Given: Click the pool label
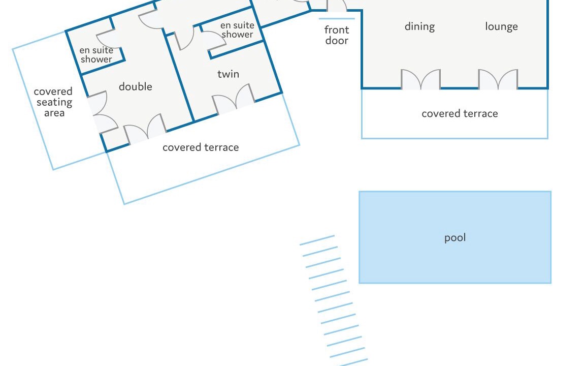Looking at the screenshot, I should (x=454, y=238).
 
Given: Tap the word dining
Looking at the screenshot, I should (x=419, y=26).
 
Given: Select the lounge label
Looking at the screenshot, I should (x=501, y=26).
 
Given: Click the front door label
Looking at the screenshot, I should (x=337, y=35).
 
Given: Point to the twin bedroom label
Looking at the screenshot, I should (x=228, y=74).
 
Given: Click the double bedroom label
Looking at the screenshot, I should (x=136, y=87).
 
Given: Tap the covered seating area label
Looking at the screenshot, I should (x=53, y=102).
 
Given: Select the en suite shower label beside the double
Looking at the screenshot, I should (x=96, y=55).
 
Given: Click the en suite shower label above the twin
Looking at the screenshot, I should (x=237, y=30).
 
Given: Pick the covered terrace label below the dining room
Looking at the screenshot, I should (x=460, y=114).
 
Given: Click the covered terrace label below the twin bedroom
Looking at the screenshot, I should (x=201, y=147).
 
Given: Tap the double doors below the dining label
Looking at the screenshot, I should (x=420, y=80).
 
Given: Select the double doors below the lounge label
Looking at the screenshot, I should (x=498, y=80).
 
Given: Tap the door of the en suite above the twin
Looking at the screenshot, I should (x=214, y=40).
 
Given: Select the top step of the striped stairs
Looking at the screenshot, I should (x=317, y=240).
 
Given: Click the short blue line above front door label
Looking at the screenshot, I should (x=336, y=19).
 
